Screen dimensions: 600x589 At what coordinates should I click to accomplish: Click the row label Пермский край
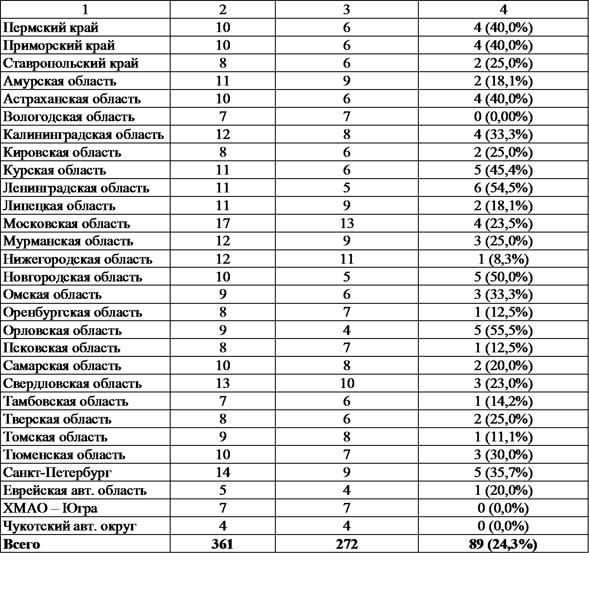pyautogui.click(x=51, y=28)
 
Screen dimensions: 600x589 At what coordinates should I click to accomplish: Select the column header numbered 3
pyautogui.click(x=347, y=9)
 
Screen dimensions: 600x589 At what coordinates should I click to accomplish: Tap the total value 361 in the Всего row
pyautogui.click(x=222, y=544)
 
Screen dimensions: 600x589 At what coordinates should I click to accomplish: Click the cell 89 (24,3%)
pyautogui.click(x=503, y=544)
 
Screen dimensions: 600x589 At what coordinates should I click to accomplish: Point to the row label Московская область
pyautogui.click(x=67, y=224)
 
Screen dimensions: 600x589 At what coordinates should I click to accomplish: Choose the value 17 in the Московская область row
pyautogui.click(x=222, y=223)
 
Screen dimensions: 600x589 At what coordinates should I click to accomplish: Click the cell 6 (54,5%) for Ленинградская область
pyautogui.click(x=503, y=188)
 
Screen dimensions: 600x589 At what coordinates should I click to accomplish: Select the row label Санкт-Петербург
pyautogui.click(x=57, y=473)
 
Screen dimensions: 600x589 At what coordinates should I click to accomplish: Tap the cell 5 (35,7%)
pyautogui.click(x=503, y=473)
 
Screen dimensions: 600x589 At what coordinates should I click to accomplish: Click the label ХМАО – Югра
pyautogui.click(x=50, y=508)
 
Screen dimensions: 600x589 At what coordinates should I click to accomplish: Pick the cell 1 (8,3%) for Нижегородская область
pyautogui.click(x=503, y=259)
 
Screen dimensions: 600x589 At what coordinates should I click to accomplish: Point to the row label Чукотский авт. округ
pyautogui.click(x=70, y=526)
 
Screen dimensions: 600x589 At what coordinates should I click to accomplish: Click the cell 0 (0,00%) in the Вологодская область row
pyautogui.click(x=503, y=117)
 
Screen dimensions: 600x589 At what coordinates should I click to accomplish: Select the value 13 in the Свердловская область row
pyautogui.click(x=222, y=384)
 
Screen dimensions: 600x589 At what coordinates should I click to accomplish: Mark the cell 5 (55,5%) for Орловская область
pyautogui.click(x=503, y=330)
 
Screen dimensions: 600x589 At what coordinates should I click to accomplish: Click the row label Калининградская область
pyautogui.click(x=83, y=135)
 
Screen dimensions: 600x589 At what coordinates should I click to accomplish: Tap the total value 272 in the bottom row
pyautogui.click(x=347, y=544)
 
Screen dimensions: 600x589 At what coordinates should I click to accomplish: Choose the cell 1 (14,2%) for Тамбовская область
pyautogui.click(x=503, y=401)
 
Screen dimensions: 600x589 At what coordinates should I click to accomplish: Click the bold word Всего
pyautogui.click(x=21, y=544)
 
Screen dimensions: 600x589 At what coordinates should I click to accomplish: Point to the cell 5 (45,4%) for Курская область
pyautogui.click(x=503, y=170)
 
